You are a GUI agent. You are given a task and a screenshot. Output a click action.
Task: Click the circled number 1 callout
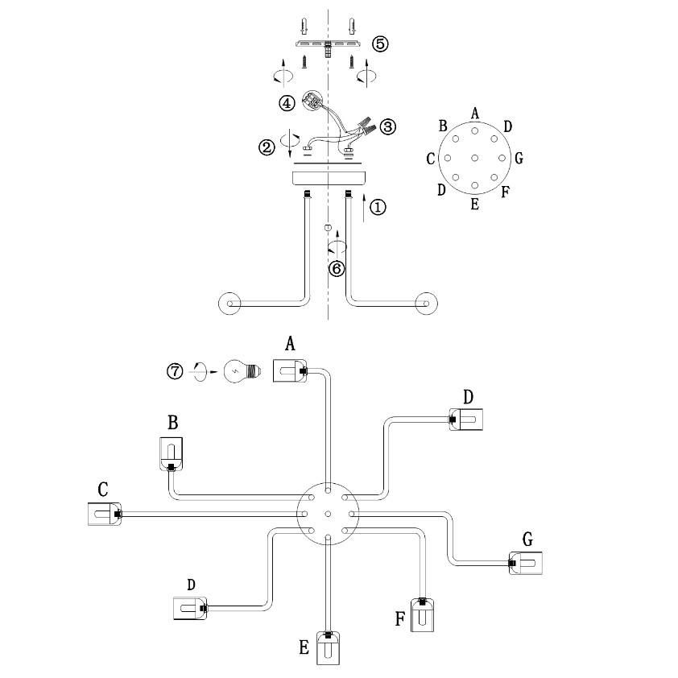tap(377, 208)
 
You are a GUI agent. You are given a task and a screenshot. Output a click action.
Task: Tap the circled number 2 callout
tap(267, 147)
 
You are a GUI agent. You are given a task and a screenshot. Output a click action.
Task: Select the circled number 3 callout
tap(388, 126)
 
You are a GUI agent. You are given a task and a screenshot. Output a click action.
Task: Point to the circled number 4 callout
tap(287, 102)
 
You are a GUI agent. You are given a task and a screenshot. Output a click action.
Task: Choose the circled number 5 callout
tap(380, 43)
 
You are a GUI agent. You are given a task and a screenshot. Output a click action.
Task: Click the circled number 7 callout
tap(175, 371)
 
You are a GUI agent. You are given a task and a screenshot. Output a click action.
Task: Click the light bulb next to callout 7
tap(238, 371)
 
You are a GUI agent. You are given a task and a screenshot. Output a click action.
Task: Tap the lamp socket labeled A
tap(286, 371)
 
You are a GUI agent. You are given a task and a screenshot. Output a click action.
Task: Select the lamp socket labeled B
tap(172, 453)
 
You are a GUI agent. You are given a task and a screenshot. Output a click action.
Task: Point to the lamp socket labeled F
tap(422, 616)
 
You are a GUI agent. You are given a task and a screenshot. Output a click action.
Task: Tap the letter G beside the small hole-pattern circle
tap(519, 158)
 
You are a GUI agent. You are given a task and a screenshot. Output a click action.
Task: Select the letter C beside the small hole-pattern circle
tap(432, 159)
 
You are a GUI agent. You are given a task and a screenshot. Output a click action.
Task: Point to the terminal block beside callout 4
tap(312, 101)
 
